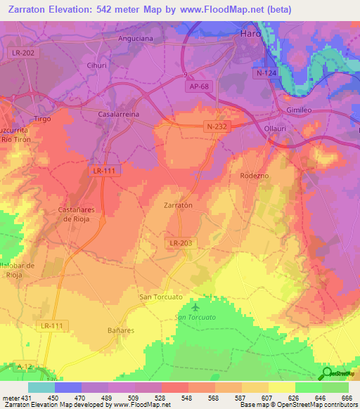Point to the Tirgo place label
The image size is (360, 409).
(x=43, y=119)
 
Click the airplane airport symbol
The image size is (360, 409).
(x=195, y=307)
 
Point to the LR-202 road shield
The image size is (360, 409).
(x=27, y=53)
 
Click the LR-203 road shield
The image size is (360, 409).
(x=181, y=242)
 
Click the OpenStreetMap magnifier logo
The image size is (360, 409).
(x=326, y=374)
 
